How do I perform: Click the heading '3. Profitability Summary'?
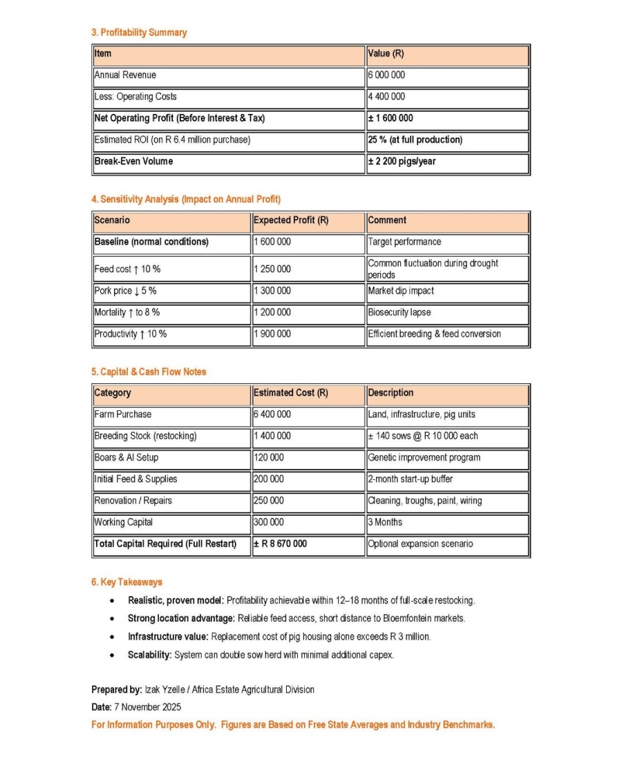point(139,32)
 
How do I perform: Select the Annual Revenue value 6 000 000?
point(386,75)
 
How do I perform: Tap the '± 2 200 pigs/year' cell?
point(402,162)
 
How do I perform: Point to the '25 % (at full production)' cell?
point(415,140)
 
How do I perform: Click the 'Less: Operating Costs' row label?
point(135,97)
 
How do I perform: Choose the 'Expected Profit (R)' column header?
point(291,220)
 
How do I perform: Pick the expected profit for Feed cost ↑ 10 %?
point(272,269)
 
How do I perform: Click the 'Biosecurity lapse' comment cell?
point(399,312)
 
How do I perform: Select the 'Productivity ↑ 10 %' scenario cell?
point(131,334)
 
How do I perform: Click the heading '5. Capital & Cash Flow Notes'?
point(149,372)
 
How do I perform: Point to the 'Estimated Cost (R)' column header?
point(291,393)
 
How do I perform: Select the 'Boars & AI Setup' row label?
point(126,458)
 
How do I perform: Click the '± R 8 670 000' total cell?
point(281,544)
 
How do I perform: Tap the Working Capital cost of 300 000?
point(269,522)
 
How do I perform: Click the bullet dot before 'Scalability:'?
point(112,655)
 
